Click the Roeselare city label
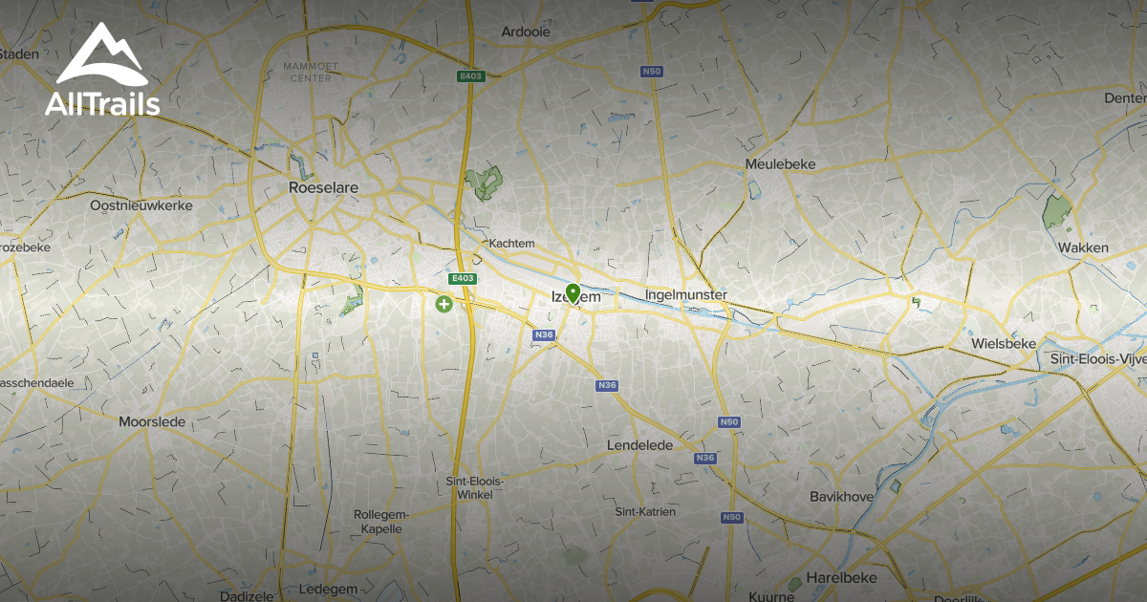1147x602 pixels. pyautogui.click(x=323, y=188)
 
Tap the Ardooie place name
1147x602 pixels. pyautogui.click(x=527, y=32)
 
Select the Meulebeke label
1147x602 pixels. pyautogui.click(x=780, y=164)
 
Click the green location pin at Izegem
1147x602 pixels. pyautogui.click(x=573, y=292)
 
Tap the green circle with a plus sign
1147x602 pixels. pyautogui.click(x=444, y=305)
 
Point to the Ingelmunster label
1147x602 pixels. pyautogui.click(x=685, y=294)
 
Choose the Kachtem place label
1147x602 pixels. pyautogui.click(x=511, y=244)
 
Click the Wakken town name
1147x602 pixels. pyautogui.click(x=1083, y=248)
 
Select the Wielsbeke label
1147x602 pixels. pyautogui.click(x=1003, y=343)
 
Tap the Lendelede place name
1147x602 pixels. pyautogui.click(x=639, y=445)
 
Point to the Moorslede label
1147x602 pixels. pyautogui.click(x=152, y=421)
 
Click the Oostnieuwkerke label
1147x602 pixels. pyautogui.click(x=141, y=205)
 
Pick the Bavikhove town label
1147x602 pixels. pyautogui.click(x=841, y=497)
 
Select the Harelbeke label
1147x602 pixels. pyautogui.click(x=841, y=578)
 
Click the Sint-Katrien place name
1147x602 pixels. pyautogui.click(x=645, y=512)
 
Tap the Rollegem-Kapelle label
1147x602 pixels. pyautogui.click(x=381, y=521)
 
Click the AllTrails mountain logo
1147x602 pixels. pyautogui.click(x=102, y=58)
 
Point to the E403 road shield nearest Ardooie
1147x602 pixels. pyautogui.click(x=466, y=75)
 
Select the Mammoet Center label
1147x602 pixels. pyautogui.click(x=307, y=72)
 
